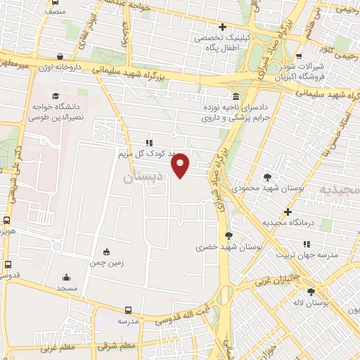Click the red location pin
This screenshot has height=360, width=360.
coord(181,165)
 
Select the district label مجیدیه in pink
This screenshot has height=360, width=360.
coord(340,190)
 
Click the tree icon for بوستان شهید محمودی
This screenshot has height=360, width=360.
coord(267,176)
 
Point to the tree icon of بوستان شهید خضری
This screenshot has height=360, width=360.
coord(228,236)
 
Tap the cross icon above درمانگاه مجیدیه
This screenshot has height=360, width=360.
coord(287,212)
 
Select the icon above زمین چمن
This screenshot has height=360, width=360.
coord(106,252)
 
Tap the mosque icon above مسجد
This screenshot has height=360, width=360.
coord(67,277)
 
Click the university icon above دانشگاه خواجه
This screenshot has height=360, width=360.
coord(56,96)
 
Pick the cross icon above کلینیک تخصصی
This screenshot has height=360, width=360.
coord(222,28)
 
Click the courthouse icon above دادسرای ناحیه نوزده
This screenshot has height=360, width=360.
coord(235,96)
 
